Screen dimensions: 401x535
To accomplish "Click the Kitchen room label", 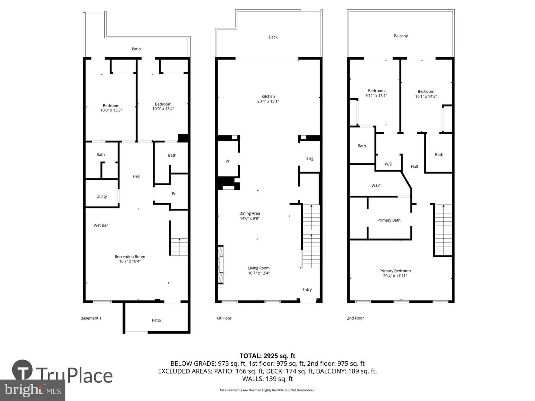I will (x=268, y=97).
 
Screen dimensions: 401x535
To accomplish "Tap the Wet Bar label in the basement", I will (x=101, y=225).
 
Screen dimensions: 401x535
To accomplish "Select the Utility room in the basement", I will (x=101, y=196).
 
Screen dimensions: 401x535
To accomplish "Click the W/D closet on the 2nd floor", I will (x=388, y=164).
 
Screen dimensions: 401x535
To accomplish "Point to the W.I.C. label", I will (x=376, y=186).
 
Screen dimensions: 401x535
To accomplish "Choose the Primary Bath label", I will (x=389, y=220).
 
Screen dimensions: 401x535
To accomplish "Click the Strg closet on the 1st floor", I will (x=309, y=159).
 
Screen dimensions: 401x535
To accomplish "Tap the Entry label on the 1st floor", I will (x=307, y=290).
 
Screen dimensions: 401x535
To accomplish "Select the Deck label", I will (x=273, y=37).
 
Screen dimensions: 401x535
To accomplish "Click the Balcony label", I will (x=401, y=36).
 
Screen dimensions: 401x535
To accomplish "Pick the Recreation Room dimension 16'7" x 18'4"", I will (x=130, y=261).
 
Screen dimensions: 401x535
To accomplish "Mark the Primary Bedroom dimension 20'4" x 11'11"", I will (x=395, y=276).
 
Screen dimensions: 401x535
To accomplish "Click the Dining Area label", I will (x=249, y=213).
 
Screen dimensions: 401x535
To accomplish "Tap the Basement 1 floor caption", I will (x=91, y=318).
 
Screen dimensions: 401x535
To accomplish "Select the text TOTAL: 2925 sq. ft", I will (x=267, y=356).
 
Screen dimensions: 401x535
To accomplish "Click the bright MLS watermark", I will (x=33, y=390).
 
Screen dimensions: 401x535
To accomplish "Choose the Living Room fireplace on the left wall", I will (x=220, y=264).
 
